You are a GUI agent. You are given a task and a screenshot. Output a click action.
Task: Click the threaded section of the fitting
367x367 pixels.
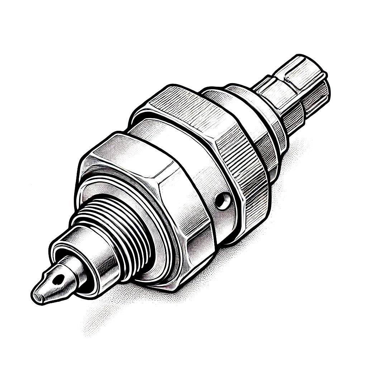(122, 229)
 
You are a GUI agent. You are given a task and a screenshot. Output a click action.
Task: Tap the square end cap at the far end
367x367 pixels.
(305, 82)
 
